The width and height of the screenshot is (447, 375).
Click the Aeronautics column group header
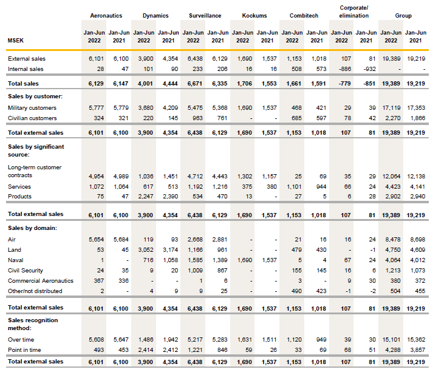click(106, 15)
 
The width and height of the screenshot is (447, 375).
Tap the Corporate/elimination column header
click(353, 12)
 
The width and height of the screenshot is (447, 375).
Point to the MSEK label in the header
click(16, 40)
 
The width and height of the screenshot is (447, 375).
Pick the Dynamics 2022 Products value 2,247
click(144, 197)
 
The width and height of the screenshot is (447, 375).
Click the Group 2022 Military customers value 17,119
click(391, 107)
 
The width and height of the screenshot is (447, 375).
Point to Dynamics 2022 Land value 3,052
click(144, 249)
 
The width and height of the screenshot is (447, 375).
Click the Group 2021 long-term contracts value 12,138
click(415, 175)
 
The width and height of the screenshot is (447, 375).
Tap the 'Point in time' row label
click(24, 350)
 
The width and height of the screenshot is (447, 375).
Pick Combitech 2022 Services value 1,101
click(292, 186)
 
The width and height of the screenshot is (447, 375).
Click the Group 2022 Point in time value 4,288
click(391, 350)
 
